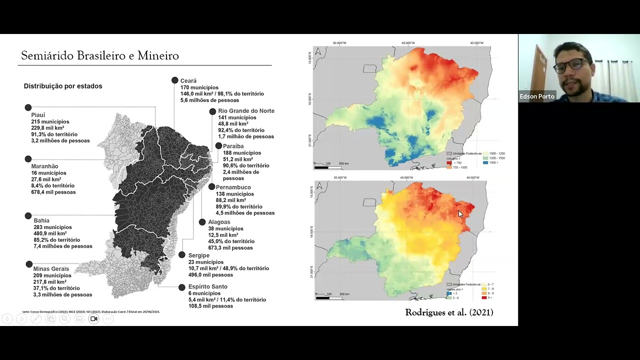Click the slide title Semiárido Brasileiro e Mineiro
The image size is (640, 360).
click(x=99, y=55)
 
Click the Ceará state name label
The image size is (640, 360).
click(x=188, y=81)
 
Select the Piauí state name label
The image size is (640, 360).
click(x=38, y=115)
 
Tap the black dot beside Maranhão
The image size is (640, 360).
click(x=28, y=159)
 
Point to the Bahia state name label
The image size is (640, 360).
click(x=41, y=220)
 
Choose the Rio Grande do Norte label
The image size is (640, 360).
click(x=246, y=111)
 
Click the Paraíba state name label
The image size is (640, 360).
click(x=233, y=146)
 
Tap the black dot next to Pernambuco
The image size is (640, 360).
click(x=211, y=187)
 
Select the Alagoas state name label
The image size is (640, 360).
click(x=219, y=222)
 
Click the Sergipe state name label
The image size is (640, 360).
click(x=199, y=255)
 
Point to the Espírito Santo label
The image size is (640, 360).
click(x=207, y=287)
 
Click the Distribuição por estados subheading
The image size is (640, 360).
click(x=63, y=86)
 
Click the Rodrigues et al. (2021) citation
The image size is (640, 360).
click(x=449, y=312)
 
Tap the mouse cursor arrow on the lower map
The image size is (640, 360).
click(x=460, y=214)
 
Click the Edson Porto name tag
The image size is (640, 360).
click(x=537, y=96)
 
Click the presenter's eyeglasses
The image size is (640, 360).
click(x=571, y=65)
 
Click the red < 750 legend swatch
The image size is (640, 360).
click(x=449, y=163)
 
